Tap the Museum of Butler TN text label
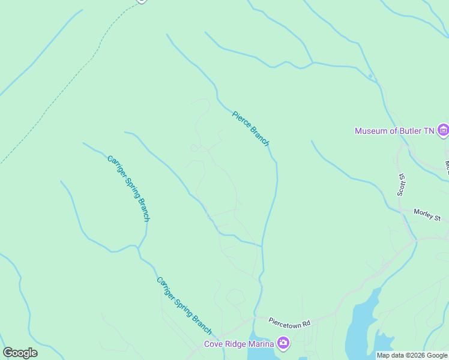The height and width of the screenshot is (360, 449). click(x=394, y=131)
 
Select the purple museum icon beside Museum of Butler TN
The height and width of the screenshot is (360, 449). click(x=443, y=130)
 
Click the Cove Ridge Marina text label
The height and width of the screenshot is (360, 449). click(x=238, y=344)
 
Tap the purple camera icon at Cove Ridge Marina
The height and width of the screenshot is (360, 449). click(x=283, y=344)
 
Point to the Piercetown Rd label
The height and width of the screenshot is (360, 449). click(x=289, y=323)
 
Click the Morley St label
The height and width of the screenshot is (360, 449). click(x=427, y=214)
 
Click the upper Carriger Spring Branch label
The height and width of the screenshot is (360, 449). click(x=128, y=188)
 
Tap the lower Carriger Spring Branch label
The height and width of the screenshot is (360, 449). click(x=184, y=306)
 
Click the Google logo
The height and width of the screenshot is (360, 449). click(x=20, y=353)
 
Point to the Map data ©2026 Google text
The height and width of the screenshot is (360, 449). click(x=412, y=355)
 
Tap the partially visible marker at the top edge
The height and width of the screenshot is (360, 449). click(x=141, y=1)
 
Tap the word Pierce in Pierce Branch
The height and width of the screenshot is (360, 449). click(x=241, y=119)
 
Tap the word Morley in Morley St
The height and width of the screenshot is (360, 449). click(x=424, y=214)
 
